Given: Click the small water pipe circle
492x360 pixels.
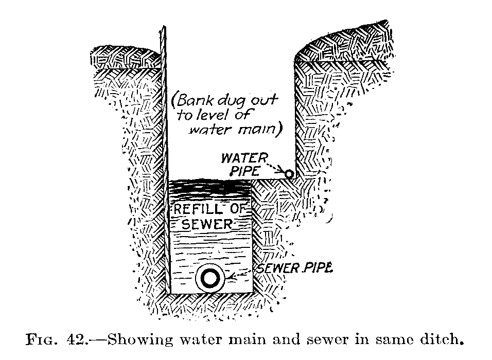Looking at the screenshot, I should tap(290, 174).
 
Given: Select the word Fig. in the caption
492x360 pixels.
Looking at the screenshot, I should tap(44, 340).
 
